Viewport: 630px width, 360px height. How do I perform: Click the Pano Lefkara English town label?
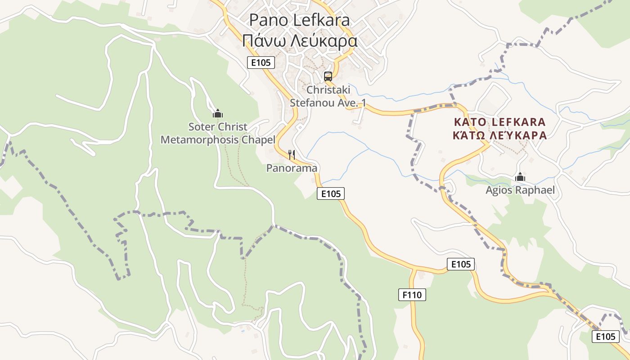coord(299,20)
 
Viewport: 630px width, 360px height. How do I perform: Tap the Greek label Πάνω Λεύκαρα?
coord(299,41)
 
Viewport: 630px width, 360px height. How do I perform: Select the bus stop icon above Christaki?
coord(328,76)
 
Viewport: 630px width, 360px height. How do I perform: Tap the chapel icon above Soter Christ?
coord(218,113)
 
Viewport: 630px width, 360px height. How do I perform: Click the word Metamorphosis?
coord(200,140)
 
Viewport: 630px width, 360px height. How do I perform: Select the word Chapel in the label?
coord(258,140)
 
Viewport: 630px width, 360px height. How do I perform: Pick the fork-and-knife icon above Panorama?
coord(292,155)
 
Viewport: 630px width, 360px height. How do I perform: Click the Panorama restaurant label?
coord(292,168)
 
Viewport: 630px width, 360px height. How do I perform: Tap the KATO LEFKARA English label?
coord(499,122)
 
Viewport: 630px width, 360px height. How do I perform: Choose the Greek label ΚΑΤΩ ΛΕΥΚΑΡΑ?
coord(499,135)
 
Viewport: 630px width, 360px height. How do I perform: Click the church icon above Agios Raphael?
coord(520,177)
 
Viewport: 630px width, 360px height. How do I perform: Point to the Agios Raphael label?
coord(520,190)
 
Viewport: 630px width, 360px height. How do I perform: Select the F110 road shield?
coord(412,295)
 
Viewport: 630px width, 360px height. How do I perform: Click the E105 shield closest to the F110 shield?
coord(461,264)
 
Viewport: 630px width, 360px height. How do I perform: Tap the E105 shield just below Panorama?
coord(331,194)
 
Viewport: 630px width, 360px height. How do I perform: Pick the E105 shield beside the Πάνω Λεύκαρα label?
coord(261,63)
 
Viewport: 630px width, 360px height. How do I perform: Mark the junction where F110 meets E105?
coord(412,269)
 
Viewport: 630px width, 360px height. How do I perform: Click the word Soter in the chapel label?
coord(201,126)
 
